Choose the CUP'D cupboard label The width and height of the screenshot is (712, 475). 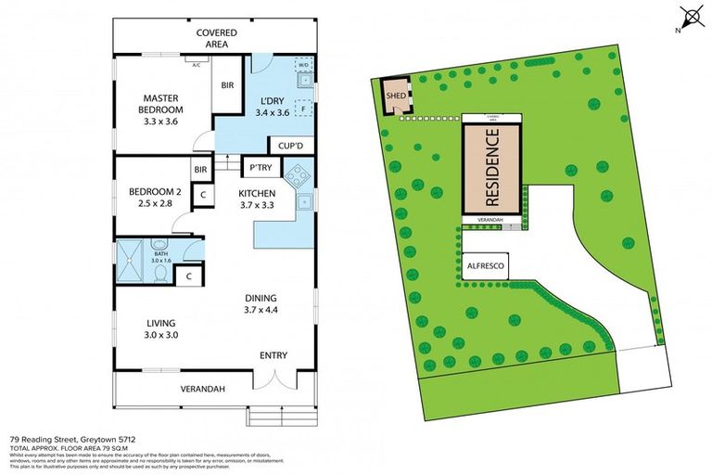click(x=285, y=146)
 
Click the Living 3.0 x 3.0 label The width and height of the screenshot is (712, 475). click(x=159, y=329)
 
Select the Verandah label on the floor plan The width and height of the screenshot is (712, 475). click(x=205, y=389)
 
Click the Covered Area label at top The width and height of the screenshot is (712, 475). click(x=216, y=38)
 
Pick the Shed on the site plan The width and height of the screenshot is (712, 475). click(x=397, y=95)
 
